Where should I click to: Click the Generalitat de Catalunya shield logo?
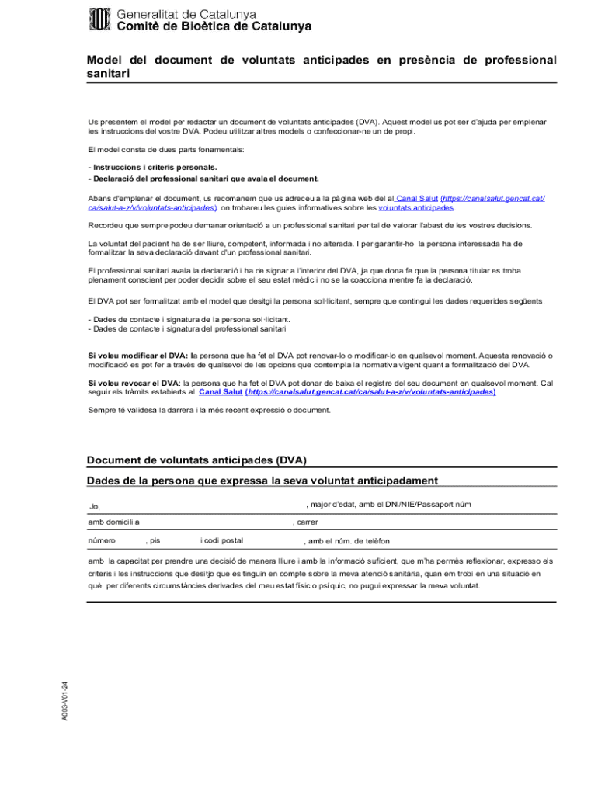(101, 19)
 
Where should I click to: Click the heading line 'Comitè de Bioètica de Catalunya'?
(214, 26)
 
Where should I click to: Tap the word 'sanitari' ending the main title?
(108, 74)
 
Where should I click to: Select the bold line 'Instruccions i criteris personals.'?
(152, 167)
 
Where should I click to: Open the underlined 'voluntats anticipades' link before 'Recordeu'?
(415, 208)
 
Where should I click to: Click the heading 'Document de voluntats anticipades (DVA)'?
(202, 460)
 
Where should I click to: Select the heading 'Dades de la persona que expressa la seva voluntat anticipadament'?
(262, 481)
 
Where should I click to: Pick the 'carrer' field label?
(307, 522)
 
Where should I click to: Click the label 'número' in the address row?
(102, 540)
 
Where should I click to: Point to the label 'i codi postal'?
(221, 540)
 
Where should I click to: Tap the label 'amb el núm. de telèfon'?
(349, 541)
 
